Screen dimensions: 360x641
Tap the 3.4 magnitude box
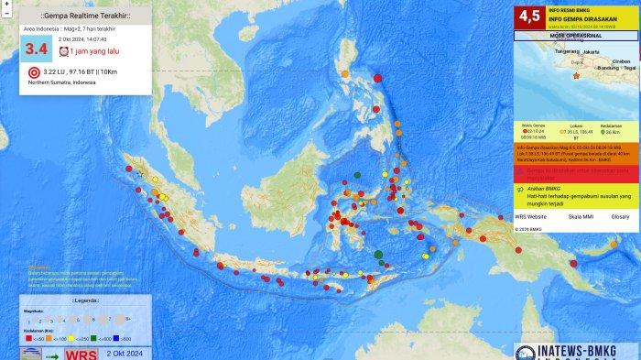[x=36, y=49]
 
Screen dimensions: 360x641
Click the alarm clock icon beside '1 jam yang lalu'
[x=63, y=52]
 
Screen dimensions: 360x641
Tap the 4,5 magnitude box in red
[x=529, y=16]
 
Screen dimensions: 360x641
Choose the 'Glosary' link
[x=620, y=217]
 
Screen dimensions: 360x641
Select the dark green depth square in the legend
[x=100, y=338]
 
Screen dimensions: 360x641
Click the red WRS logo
[x=81, y=353]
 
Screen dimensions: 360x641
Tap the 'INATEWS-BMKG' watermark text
[x=581, y=347]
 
